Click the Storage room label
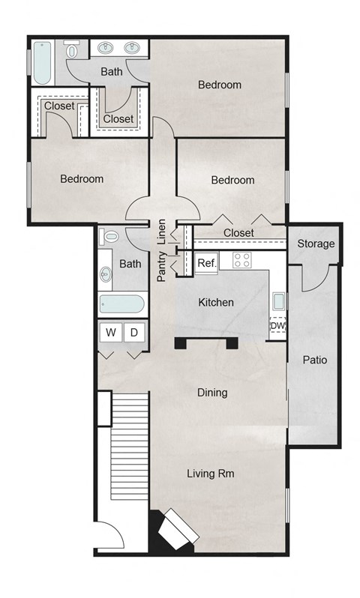click(x=316, y=244)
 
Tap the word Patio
click(x=314, y=360)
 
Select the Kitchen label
click(x=216, y=303)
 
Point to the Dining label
click(x=212, y=393)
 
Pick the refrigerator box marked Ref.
click(x=206, y=263)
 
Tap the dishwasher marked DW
click(x=277, y=326)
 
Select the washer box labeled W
click(x=110, y=331)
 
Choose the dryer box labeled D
click(x=134, y=331)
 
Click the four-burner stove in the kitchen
click(x=241, y=261)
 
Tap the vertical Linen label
click(x=161, y=232)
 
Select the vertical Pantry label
click(x=161, y=267)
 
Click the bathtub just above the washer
click(x=121, y=304)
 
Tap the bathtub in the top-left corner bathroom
click(x=40, y=63)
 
